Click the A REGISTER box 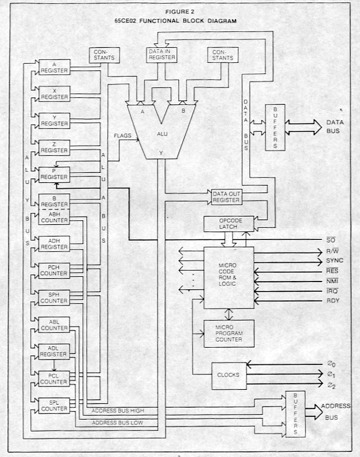pos(54,67)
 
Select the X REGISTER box pos(54,94)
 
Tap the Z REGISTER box pos(54,148)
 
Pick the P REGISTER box pos(54,175)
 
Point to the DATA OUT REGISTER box pos(225,197)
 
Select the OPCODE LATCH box pos(229,224)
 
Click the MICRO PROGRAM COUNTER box pos(229,333)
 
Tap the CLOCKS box pos(229,375)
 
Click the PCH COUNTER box pos(54,271)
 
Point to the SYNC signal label pos(334,260)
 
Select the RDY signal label pos(333,301)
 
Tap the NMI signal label pos(333,281)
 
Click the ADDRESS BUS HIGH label pos(118,410)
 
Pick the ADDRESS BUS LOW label pos(117,423)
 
